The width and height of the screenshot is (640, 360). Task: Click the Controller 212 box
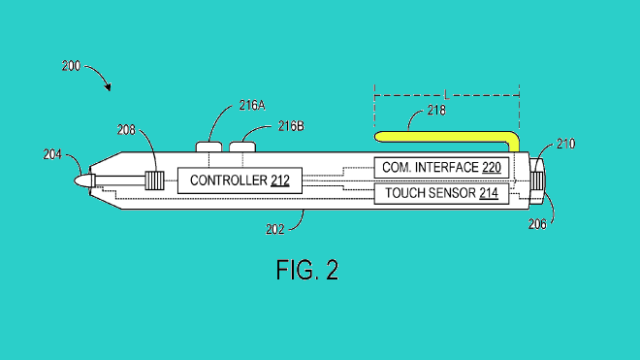tap(240, 180)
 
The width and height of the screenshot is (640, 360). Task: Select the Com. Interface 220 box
tap(441, 167)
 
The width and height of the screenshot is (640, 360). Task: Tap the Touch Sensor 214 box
tap(441, 193)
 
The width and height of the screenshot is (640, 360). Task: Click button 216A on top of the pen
tap(210, 147)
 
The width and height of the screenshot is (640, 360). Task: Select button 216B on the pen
tap(241, 147)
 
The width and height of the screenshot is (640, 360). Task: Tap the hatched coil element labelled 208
tap(153, 180)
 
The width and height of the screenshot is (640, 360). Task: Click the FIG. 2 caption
tap(304, 269)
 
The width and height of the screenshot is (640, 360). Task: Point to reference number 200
tap(71, 66)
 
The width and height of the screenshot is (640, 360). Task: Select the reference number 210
tap(565, 145)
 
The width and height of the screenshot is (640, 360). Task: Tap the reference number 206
tap(565, 223)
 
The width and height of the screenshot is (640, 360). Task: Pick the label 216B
tap(291, 126)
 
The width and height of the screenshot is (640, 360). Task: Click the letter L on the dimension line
tap(445, 95)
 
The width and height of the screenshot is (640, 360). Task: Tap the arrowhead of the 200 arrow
tap(108, 88)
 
